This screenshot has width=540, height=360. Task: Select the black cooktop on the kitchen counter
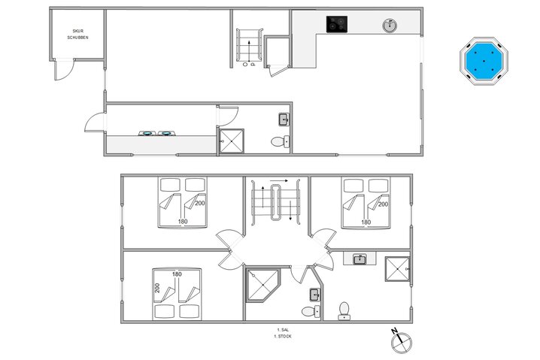336,25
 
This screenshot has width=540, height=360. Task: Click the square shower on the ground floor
231,141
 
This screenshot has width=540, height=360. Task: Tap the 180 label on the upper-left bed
182,222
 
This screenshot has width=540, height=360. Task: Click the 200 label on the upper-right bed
383,204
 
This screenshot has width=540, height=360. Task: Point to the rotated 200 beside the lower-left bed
158,288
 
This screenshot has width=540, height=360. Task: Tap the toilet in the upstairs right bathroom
345,309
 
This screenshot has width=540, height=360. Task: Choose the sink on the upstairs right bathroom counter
359,259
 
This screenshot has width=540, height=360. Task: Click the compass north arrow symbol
400,341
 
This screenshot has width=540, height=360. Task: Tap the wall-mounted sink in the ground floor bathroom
284,119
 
